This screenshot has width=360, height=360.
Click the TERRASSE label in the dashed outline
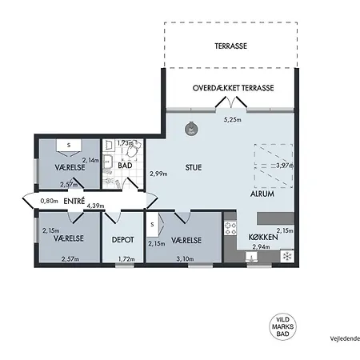click(231, 46)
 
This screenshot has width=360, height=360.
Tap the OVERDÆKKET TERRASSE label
click(233, 88)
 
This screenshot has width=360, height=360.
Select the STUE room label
click(194, 167)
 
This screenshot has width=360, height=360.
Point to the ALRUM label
click(262, 194)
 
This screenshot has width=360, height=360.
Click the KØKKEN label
click(263, 237)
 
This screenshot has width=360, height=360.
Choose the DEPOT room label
click(122, 240)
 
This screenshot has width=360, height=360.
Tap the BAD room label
click(125, 166)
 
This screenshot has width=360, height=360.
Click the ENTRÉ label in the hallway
click(74, 201)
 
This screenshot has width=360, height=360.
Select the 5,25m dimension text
click(232, 120)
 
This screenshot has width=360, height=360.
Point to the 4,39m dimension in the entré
click(95, 206)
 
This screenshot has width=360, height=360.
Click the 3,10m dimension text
click(185, 258)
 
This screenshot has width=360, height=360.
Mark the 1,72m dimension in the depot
click(126, 259)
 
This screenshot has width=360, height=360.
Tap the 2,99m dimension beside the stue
click(158, 174)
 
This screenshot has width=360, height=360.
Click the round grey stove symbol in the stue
click(191, 130)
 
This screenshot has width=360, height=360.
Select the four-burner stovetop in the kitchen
click(230, 228)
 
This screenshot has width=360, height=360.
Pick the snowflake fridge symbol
click(287, 256)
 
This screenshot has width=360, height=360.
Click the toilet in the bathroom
click(134, 150)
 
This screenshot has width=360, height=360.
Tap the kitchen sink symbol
click(251, 258)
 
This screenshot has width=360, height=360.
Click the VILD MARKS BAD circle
click(282, 327)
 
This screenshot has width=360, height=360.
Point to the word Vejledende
click(345, 338)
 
